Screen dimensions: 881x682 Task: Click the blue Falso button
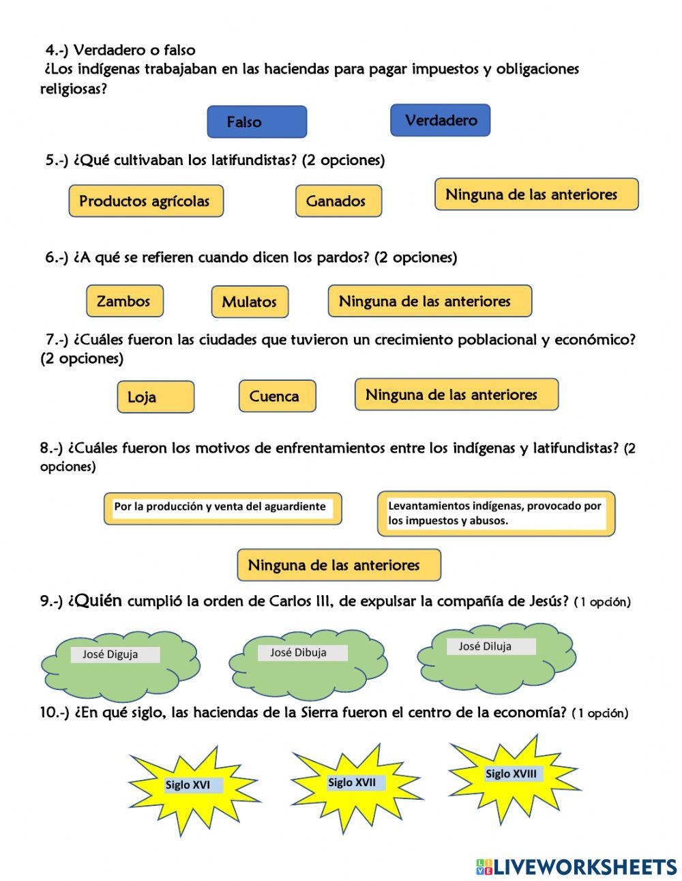click(256, 122)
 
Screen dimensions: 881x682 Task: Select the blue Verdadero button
click(440, 120)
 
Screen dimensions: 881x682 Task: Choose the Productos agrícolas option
click(145, 201)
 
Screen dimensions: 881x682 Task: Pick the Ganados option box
click(338, 201)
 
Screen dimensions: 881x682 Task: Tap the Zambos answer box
click(124, 301)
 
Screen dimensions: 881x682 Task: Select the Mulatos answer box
click(250, 302)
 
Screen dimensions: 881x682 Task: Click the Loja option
click(155, 396)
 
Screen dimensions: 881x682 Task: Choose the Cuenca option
click(277, 396)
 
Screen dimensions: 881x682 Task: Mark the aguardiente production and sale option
click(222, 508)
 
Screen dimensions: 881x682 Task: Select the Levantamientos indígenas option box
click(496, 514)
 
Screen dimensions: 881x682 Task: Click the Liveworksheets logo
click(576, 867)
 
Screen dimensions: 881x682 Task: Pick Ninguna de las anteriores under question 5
click(536, 194)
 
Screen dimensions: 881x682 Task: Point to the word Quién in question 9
click(95, 601)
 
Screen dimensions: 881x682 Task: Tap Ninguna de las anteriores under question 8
click(338, 565)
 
